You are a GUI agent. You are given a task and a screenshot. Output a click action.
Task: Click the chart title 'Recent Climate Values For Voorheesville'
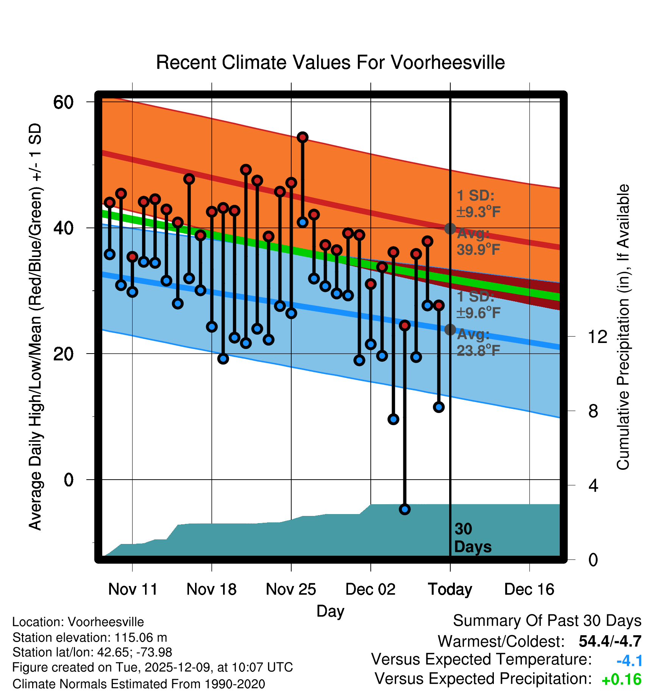pos(330,62)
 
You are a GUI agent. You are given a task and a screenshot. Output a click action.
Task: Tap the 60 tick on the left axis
pos(63,102)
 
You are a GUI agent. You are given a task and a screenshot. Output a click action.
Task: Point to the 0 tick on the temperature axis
pos(69,480)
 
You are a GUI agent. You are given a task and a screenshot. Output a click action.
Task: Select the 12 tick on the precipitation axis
pos(598,337)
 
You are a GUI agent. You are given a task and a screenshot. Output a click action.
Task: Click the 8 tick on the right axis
pos(593,411)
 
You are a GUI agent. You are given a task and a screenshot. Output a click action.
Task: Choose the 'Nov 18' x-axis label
pos(211,589)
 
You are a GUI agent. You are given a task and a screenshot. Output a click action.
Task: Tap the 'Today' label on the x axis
pos(450,589)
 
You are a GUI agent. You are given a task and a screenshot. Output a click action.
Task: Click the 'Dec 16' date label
pos(529,589)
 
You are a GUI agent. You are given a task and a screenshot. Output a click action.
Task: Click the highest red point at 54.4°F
pos(303,137)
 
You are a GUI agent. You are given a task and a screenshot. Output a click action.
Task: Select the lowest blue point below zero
pos(405,509)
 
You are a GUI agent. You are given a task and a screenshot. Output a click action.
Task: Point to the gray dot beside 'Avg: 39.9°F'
pos(450,228)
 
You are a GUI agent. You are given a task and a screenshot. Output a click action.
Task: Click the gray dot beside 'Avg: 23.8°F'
pos(450,330)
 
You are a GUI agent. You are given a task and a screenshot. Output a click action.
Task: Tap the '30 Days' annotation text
pos(472,538)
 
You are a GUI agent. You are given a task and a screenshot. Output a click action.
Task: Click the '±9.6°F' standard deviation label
pos(478,313)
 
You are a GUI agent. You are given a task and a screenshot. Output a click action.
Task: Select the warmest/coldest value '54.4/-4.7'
pos(610,641)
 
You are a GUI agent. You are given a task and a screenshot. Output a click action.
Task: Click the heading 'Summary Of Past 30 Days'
pos(547,621)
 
